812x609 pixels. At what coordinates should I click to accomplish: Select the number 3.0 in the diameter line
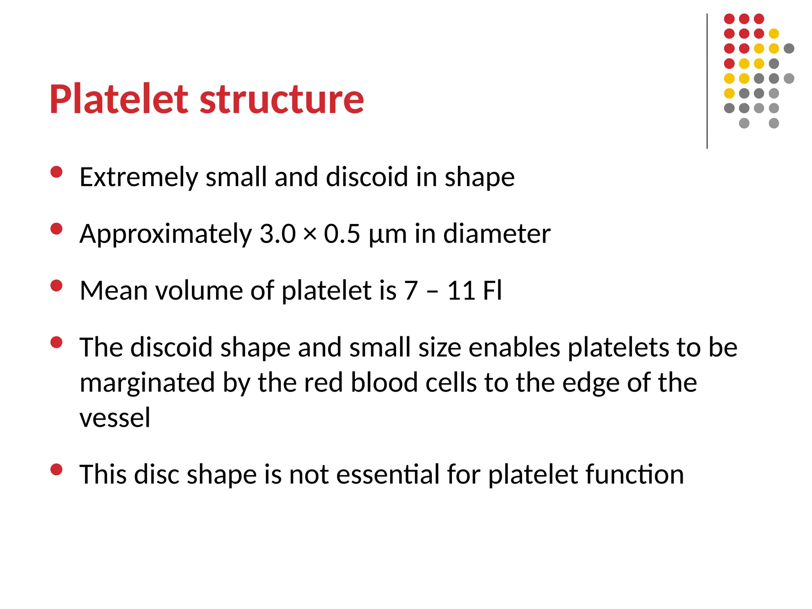click(277, 234)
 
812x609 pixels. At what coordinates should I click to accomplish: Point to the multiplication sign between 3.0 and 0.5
click(310, 234)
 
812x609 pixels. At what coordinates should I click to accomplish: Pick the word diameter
click(496, 234)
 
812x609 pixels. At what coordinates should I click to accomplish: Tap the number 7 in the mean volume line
click(411, 291)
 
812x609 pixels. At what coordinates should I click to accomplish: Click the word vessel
click(115, 418)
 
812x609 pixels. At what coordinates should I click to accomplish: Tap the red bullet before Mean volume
click(57, 285)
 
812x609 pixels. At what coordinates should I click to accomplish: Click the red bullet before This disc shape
click(57, 469)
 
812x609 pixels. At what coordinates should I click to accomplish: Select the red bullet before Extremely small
click(57, 172)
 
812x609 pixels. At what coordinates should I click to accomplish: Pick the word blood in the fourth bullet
click(384, 383)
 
